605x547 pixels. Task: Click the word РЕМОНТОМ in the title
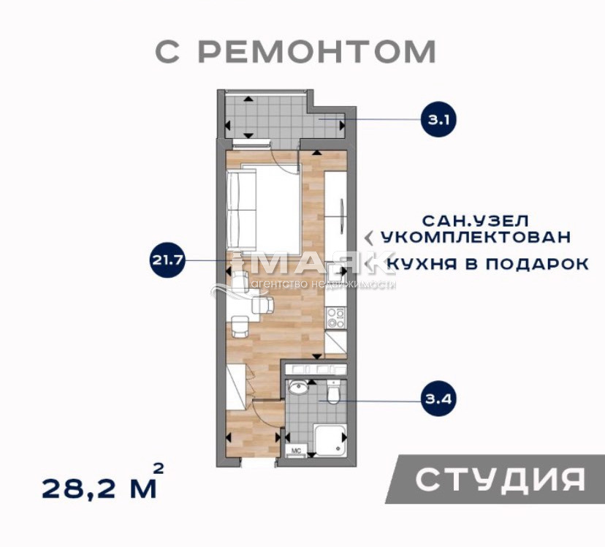[x=317, y=51]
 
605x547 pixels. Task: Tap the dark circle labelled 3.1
[x=438, y=120]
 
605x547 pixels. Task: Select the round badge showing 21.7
[x=167, y=260]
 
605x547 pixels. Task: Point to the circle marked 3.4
[x=438, y=399]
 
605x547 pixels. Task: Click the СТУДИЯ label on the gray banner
[x=501, y=480]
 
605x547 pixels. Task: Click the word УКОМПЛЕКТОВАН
[x=476, y=237]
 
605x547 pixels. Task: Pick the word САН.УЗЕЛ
[x=476, y=221]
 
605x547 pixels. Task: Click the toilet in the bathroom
[x=332, y=391]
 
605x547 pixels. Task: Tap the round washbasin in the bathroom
[x=298, y=387]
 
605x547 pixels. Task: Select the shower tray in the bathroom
[x=330, y=441]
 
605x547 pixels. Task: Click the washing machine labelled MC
[x=296, y=451]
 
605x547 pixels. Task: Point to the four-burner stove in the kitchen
[x=335, y=318]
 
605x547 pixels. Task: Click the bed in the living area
[x=264, y=209]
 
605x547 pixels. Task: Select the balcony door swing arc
[x=284, y=155]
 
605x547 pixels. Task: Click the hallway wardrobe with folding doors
[x=239, y=386]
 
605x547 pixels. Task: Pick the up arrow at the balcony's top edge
[x=249, y=99]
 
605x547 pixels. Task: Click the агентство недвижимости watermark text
[x=324, y=284]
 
